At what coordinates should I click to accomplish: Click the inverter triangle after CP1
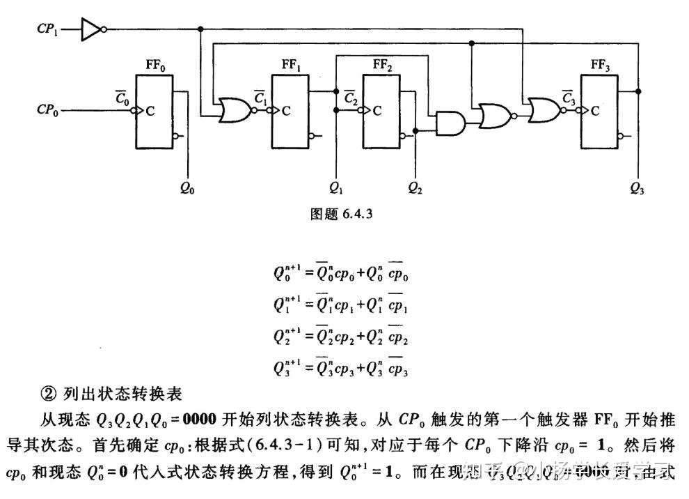(91, 29)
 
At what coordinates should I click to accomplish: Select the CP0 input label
(47, 110)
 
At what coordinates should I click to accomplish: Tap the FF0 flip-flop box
(155, 111)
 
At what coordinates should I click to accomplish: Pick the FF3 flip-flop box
(599, 111)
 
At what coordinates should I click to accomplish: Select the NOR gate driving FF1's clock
(234, 110)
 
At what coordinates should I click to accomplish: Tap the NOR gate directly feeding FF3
(543, 110)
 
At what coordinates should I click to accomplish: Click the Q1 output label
(336, 188)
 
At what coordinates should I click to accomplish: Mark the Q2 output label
(415, 188)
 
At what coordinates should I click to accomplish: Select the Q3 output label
(637, 188)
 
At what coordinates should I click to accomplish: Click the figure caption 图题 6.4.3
(341, 215)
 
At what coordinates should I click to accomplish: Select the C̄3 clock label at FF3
(568, 97)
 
